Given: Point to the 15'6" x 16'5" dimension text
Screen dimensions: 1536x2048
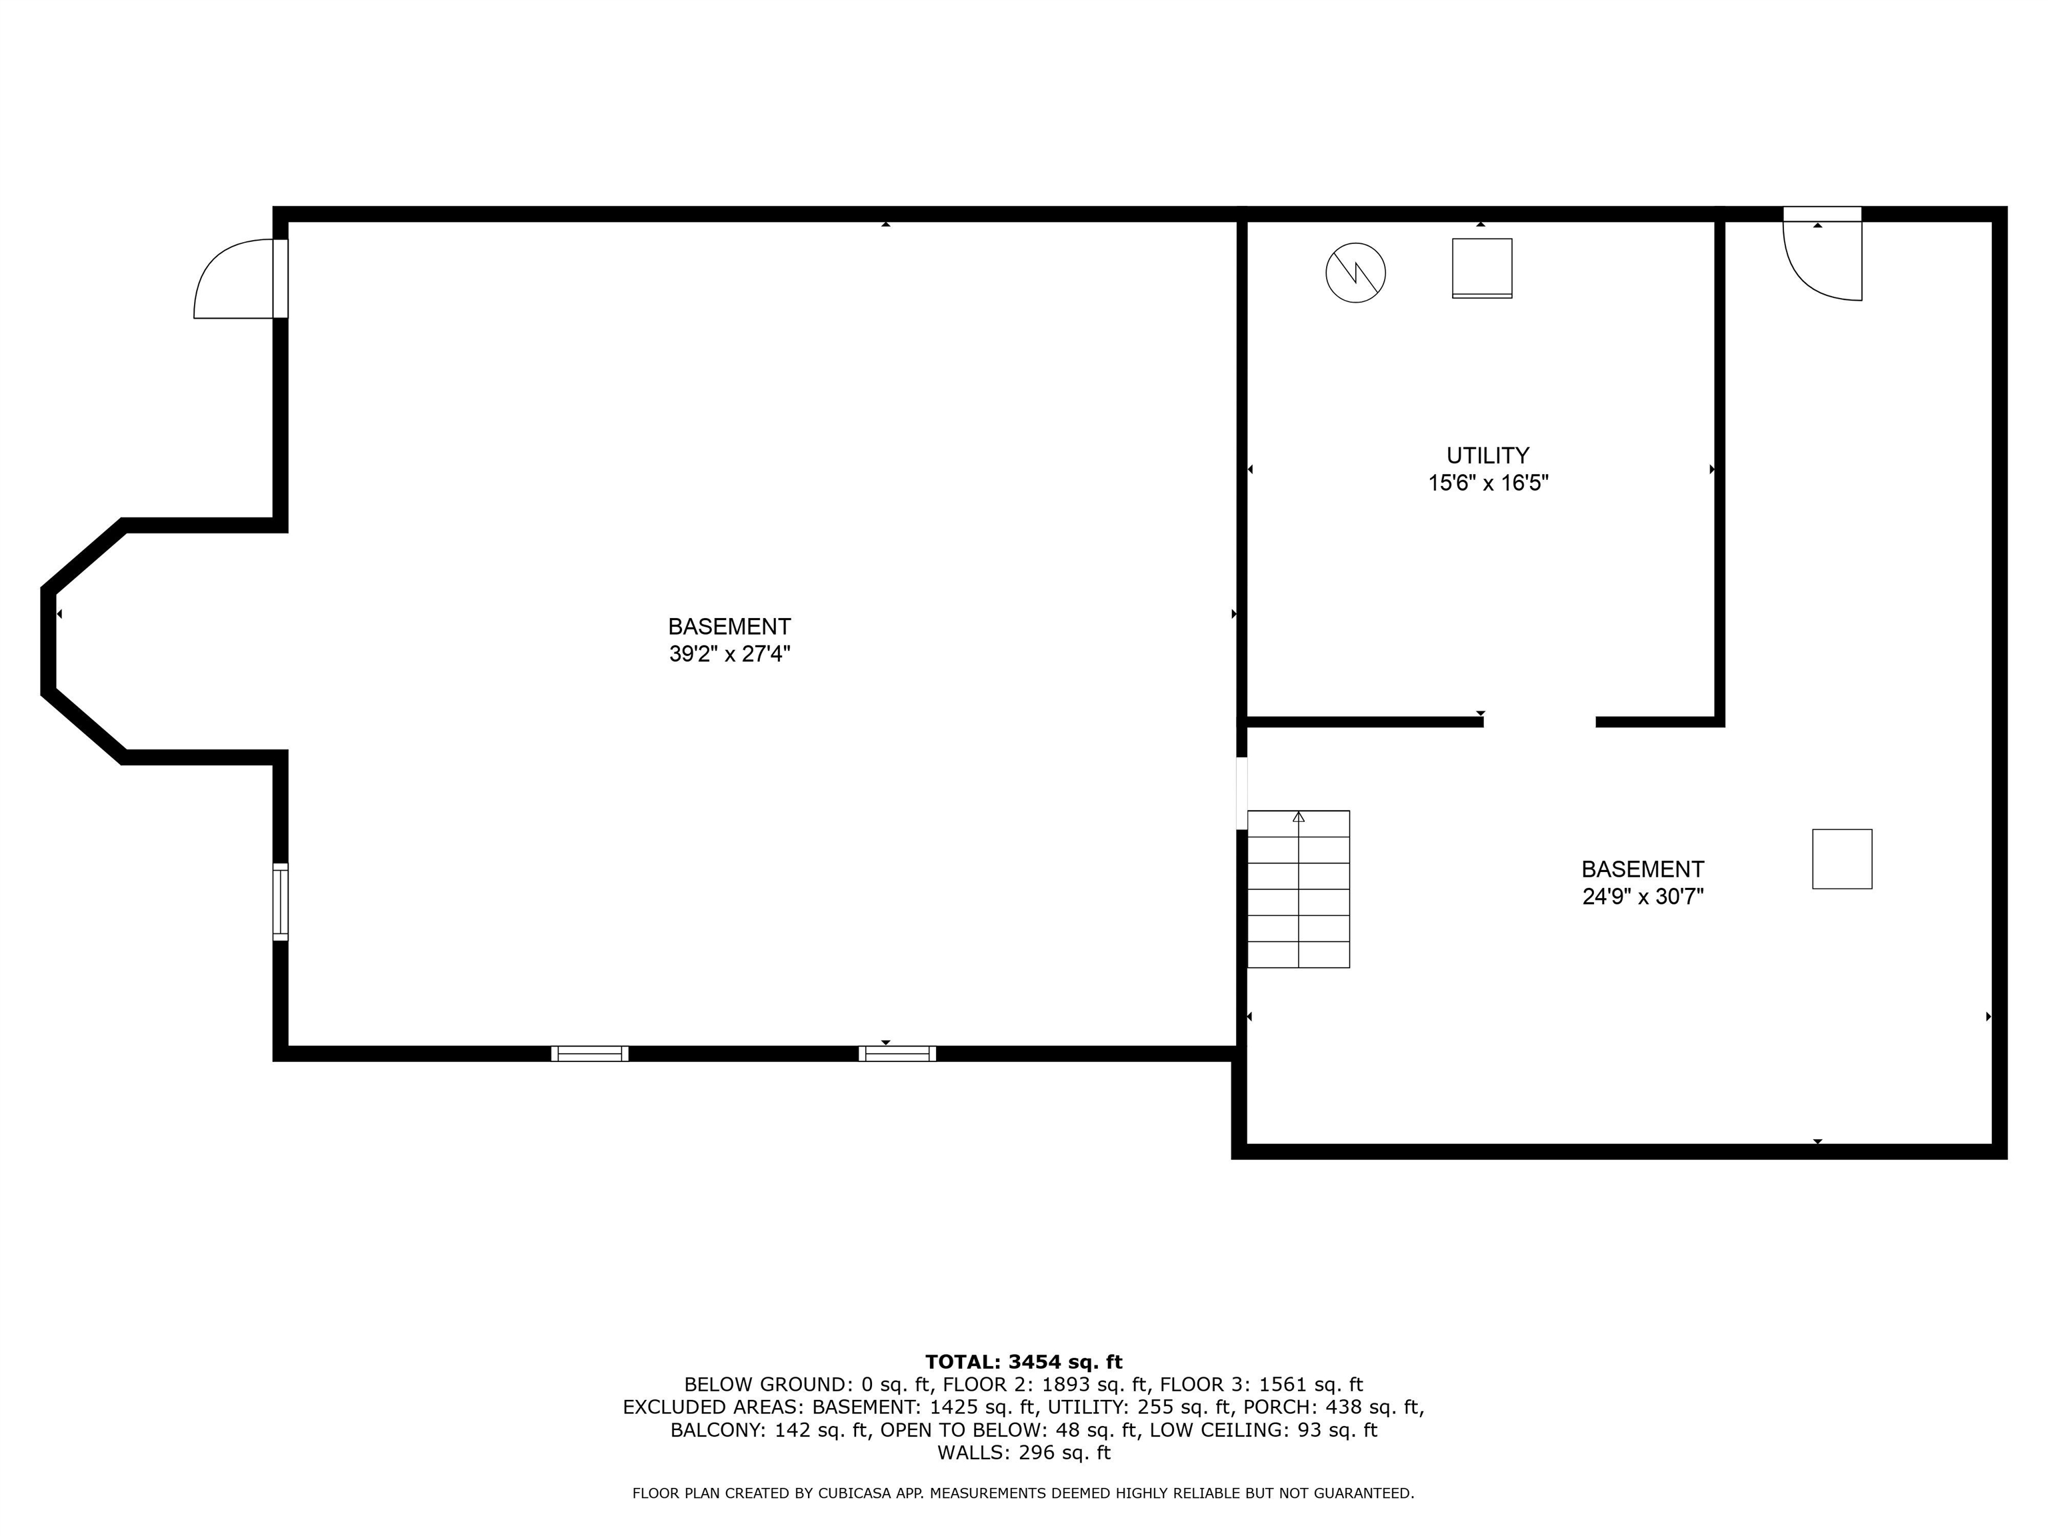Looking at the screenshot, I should [1488, 483].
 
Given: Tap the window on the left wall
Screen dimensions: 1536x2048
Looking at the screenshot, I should [279, 902].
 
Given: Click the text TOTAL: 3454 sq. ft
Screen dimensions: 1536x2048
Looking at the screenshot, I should [1023, 1362].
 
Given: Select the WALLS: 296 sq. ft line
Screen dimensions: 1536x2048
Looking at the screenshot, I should [1023, 1453].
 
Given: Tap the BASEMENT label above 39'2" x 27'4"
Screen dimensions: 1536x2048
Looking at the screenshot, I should [729, 627].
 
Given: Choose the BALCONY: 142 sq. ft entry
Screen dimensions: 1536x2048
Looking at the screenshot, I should [770, 1431].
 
